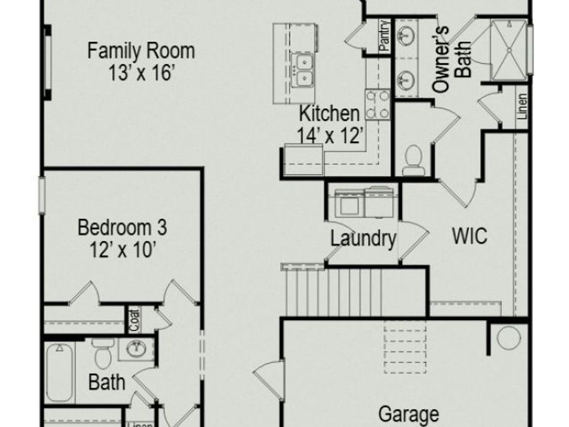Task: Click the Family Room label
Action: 141,51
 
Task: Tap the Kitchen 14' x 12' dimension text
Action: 330,136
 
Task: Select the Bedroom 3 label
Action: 122,228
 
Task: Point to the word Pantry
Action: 384,35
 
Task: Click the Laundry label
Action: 363,239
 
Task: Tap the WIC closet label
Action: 470,236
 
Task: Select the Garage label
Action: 408,414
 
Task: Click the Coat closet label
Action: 134,320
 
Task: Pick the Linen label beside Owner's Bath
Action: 522,106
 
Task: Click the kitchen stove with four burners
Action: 377,104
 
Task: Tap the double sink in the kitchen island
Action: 303,70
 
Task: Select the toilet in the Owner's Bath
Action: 413,160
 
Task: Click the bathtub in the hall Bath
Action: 59,372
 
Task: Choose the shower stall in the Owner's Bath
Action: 508,50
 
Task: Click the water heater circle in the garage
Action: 508,338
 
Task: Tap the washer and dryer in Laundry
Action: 364,202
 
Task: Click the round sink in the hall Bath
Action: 136,349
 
